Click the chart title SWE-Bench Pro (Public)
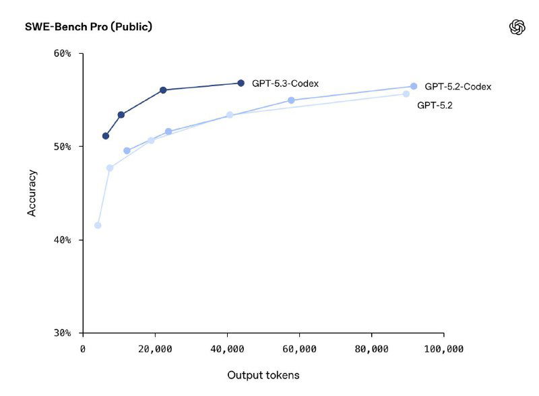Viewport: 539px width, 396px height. [88, 27]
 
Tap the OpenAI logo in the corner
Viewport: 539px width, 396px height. [517, 27]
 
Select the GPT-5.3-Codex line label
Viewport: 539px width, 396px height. [285, 84]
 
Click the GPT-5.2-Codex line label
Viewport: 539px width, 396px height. [457, 87]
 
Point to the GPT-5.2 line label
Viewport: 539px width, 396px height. [435, 105]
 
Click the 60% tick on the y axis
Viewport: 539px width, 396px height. [62, 54]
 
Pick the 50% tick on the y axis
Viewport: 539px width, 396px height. [62, 147]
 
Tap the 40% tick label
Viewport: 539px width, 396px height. [62, 240]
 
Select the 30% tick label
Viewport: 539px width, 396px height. [62, 333]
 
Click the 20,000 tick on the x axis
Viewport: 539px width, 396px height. [155, 349]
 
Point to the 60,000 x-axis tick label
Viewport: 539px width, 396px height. [299, 349]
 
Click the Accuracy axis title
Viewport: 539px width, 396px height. [32, 193]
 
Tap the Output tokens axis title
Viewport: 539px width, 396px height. [263, 375]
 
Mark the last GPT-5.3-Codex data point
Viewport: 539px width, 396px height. [241, 83]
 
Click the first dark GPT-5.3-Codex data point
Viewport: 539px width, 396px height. [106, 136]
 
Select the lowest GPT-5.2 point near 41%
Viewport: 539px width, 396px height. [98, 225]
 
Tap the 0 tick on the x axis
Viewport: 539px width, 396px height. [83, 349]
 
